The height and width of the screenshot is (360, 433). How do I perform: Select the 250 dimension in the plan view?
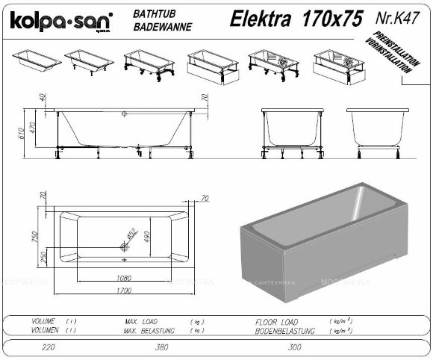(44, 255)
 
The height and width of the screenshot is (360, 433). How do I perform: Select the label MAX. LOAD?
(143, 320)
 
